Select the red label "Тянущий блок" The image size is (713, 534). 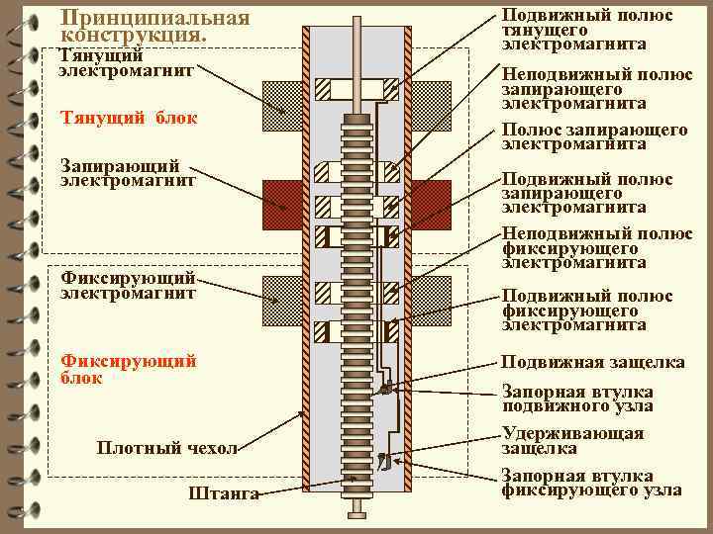click(128, 119)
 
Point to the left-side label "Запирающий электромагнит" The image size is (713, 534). click(128, 172)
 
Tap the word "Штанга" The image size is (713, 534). click(222, 492)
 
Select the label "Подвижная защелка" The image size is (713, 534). click(592, 363)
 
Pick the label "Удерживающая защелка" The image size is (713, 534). click(572, 441)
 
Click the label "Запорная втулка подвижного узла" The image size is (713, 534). click(576, 398)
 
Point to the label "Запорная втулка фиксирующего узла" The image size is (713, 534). click(590, 482)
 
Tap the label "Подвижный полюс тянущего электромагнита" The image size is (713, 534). click(587, 30)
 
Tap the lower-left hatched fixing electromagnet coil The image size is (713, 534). click(281, 300)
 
